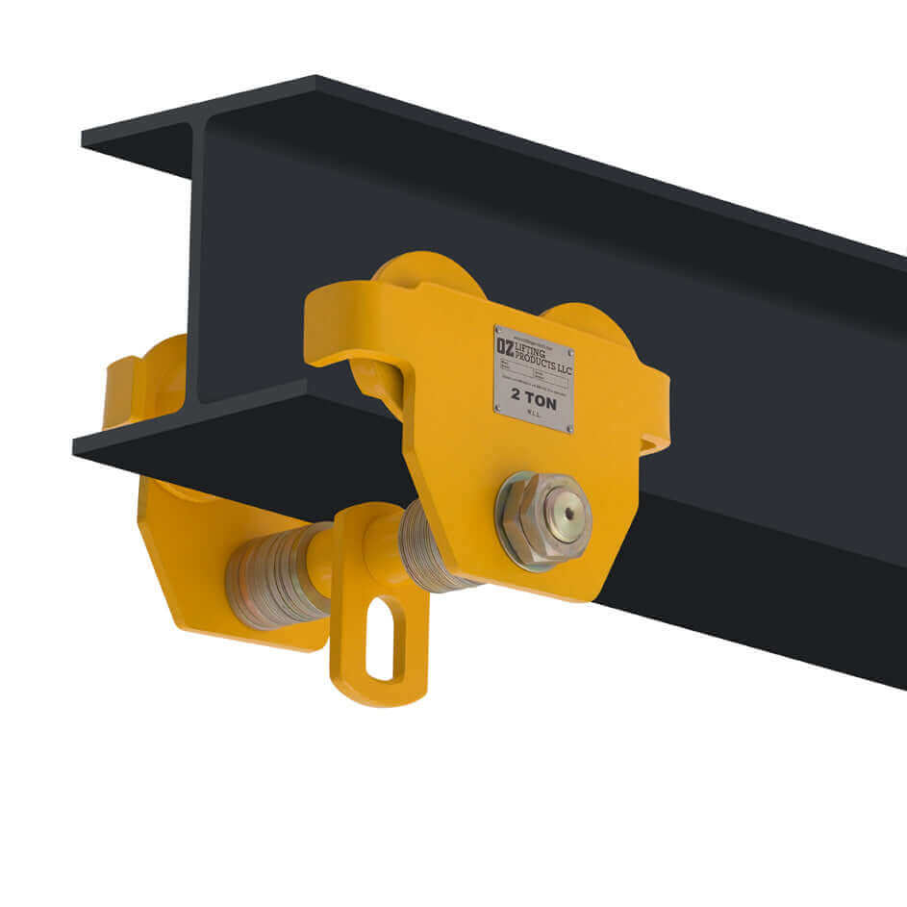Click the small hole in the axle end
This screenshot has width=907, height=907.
567,516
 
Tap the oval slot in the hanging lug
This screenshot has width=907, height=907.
386,639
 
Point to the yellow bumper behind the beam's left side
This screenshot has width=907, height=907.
135,385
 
